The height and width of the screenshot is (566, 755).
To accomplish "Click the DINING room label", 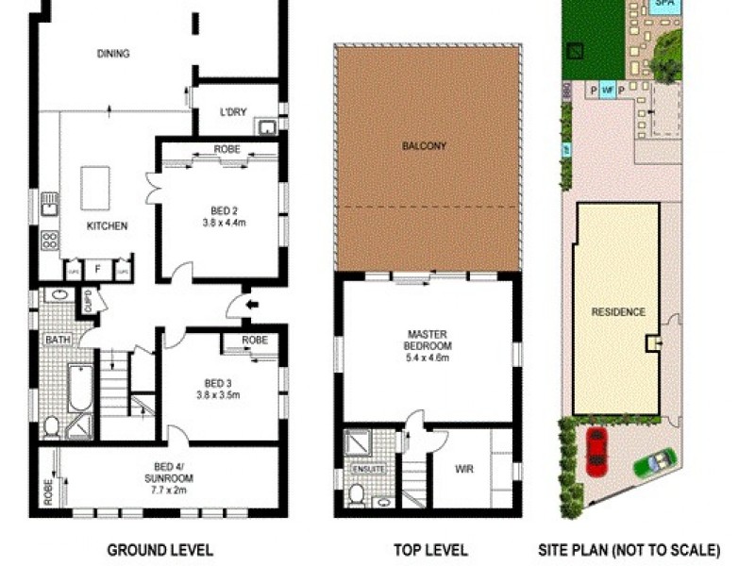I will click(113, 54).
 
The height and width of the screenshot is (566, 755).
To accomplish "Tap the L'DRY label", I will click(233, 111).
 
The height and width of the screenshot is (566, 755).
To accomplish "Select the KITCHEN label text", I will click(107, 226).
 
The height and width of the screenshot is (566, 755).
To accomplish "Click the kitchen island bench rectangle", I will click(95, 188).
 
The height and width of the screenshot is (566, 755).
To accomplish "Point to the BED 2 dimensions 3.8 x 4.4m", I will click(224, 224).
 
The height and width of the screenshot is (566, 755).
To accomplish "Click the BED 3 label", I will click(218, 383).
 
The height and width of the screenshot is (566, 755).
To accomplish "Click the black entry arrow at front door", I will click(235, 304).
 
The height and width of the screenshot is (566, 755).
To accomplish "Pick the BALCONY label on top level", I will click(424, 146).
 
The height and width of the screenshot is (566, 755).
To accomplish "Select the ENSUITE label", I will click(363, 468).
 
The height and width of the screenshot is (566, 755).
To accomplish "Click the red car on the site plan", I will click(596, 451).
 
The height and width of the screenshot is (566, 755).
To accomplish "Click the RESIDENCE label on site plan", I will click(618, 312).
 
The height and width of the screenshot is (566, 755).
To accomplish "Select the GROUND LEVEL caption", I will click(159, 550).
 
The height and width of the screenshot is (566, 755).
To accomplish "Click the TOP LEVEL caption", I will click(430, 550).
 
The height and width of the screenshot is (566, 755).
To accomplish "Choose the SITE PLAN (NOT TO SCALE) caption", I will click(629, 550).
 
